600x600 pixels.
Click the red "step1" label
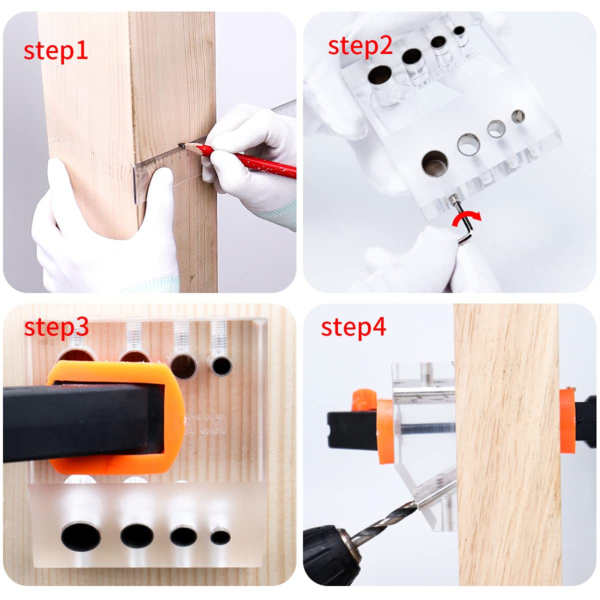55,51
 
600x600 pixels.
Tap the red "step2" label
359,45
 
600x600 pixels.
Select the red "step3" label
56,327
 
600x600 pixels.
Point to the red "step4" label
353,327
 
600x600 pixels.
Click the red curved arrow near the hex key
466,218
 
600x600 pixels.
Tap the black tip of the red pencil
183,145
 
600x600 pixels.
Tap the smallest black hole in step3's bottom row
220,537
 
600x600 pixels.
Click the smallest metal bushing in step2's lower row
518,116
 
